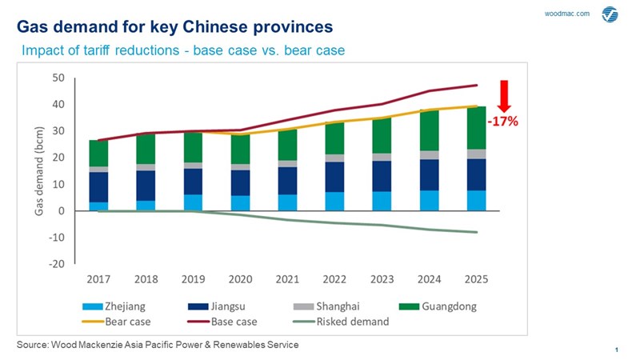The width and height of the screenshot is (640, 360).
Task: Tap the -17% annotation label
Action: (504, 122)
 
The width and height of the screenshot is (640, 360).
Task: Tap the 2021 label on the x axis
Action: (289, 280)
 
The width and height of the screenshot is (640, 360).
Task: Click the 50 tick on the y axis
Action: (58, 78)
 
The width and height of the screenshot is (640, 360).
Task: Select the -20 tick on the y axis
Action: (56, 265)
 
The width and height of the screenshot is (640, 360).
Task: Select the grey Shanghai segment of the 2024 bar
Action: (430, 155)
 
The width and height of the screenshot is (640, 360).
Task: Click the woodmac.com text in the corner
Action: (566, 14)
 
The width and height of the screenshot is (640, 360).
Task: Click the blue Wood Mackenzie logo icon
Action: (610, 14)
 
